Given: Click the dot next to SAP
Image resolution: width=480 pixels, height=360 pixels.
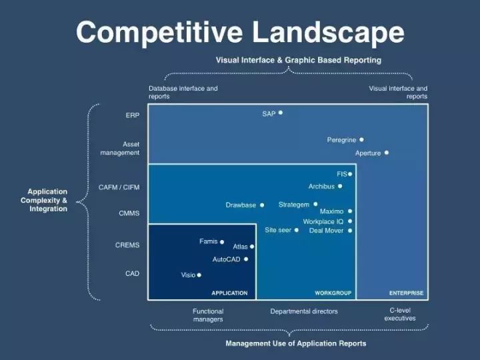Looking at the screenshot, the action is tap(281, 113).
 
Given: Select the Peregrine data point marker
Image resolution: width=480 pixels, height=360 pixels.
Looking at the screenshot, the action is tap(361, 139).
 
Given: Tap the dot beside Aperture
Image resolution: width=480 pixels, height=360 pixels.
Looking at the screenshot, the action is tap(387, 153).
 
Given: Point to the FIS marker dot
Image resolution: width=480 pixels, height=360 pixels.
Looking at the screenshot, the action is tap(350, 174).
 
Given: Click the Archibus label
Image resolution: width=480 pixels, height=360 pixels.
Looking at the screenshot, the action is tap(321, 187).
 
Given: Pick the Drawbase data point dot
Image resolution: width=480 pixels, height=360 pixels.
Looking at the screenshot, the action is tap(262, 205).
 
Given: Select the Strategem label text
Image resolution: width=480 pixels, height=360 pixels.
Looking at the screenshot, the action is tap(294, 205).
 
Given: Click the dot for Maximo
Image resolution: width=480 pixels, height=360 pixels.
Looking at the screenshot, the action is tap(350, 211).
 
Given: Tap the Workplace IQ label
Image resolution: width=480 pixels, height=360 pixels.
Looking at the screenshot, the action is tap(323, 221).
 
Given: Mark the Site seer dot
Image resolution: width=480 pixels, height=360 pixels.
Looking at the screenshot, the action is tap(296, 230).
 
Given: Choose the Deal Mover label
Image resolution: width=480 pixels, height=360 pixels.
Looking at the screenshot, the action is tap(326, 231).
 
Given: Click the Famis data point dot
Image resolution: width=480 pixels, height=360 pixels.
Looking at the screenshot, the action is tap(222, 242).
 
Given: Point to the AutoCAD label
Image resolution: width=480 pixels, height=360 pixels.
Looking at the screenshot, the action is tap(226, 259).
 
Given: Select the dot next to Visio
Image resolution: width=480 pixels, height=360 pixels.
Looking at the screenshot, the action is tap(199, 275).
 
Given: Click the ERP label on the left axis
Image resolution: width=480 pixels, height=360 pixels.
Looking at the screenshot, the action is tap(132, 115).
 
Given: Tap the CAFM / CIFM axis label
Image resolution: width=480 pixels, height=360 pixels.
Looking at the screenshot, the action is tap(119, 187).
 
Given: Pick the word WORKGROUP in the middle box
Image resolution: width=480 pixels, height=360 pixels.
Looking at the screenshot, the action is tap(333, 293).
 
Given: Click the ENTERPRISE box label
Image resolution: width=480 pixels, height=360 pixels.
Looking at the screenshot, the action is tap(406, 293).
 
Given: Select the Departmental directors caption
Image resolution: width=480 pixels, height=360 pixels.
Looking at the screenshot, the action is tap(304, 311).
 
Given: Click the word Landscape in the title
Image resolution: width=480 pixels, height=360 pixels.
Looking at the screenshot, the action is tap(328, 32).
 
